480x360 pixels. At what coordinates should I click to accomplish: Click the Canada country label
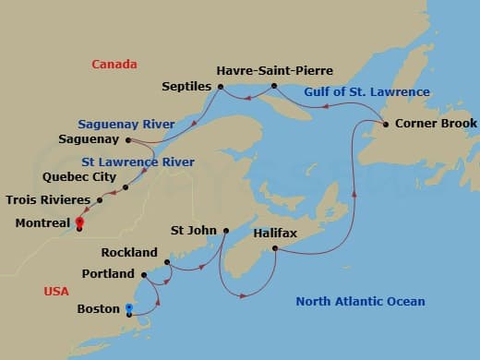(114, 65)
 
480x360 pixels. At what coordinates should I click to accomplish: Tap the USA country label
(56, 292)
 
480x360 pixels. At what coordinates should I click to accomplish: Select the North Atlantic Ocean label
(361, 302)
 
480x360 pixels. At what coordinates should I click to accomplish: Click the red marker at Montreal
(79, 222)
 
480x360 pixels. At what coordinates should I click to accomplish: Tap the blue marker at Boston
(128, 308)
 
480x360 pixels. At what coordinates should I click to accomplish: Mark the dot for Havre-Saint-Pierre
(274, 86)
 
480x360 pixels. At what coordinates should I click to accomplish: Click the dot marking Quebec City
(126, 187)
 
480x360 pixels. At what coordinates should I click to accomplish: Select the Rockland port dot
(167, 262)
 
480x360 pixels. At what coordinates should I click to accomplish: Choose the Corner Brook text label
(436, 124)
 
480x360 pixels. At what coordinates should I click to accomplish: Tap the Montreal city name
(42, 223)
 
